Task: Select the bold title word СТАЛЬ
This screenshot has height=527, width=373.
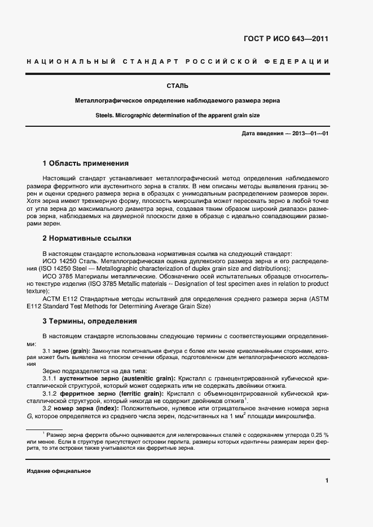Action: coord(177,86)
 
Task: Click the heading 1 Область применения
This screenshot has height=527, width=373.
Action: coord(86,163)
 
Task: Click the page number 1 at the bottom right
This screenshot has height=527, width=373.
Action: coord(327,480)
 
